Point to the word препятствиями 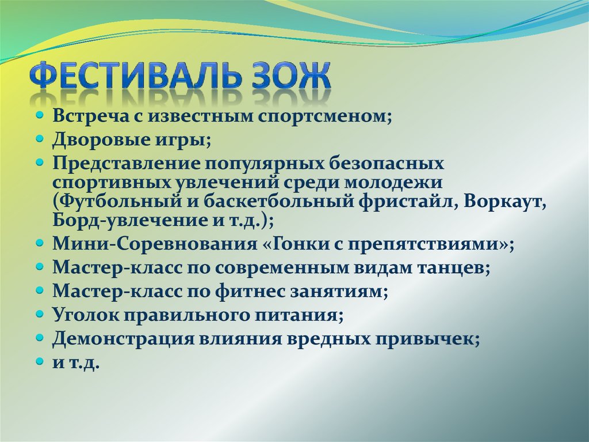(441, 244)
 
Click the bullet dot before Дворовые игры (39, 139)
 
